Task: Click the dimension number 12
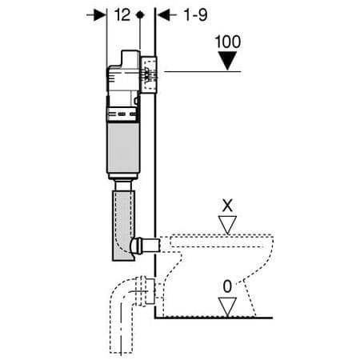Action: [x=122, y=14]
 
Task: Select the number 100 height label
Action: [x=229, y=41]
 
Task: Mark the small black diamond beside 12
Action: [x=140, y=14]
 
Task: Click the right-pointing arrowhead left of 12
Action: [x=101, y=14]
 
